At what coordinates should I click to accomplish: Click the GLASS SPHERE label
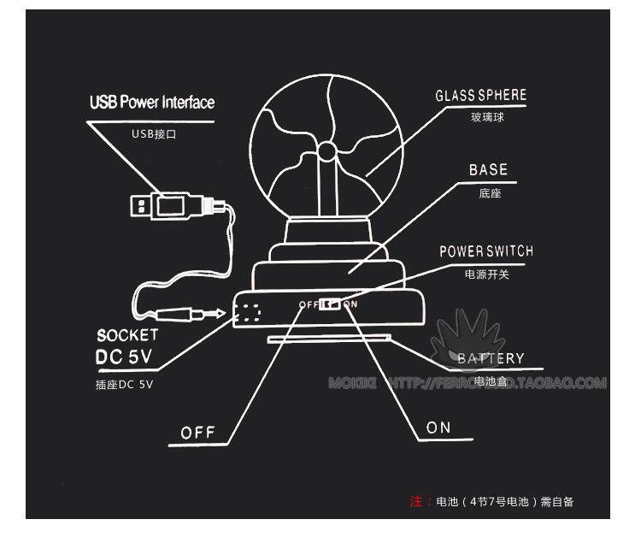tap(480, 95)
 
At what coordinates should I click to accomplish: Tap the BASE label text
tap(488, 169)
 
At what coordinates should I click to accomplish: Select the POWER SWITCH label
tap(485, 251)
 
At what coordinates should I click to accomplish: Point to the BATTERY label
tap(490, 358)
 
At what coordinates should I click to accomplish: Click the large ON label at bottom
tap(438, 428)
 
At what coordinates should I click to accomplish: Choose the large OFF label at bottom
tap(198, 433)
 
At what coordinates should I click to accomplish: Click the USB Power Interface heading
tap(152, 103)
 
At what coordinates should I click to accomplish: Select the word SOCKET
tap(127, 334)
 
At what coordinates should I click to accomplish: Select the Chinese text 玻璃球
tap(487, 117)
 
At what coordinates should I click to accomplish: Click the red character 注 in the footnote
tap(416, 501)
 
